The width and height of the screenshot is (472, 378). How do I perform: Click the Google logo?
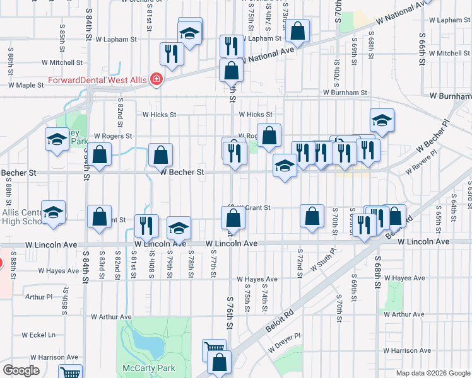(x=21, y=370)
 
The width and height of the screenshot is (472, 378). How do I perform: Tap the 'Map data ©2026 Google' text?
(x=433, y=373)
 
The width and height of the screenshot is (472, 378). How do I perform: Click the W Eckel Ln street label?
(x=38, y=335)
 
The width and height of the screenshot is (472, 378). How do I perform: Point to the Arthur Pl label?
(x=39, y=296)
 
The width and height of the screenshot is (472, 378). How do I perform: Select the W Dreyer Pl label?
(x=285, y=343)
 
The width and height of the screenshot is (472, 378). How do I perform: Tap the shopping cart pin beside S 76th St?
(x=215, y=348)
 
